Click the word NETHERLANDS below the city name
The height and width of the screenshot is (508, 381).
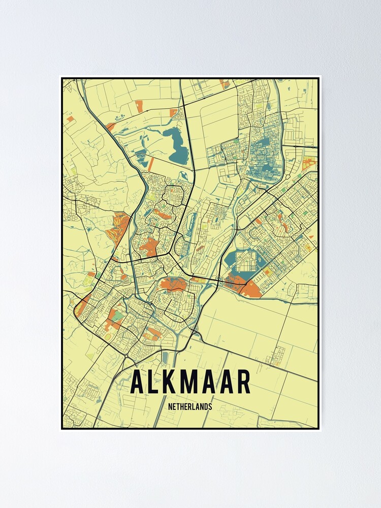pos(190,406)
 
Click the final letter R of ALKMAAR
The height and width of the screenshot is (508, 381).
pos(242,383)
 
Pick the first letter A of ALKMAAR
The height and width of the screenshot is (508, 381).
pos(136,383)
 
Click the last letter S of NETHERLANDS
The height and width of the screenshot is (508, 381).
pos(210,406)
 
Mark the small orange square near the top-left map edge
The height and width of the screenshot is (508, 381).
pos(70,119)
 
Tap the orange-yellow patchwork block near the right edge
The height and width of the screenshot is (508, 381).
pos(309,164)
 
